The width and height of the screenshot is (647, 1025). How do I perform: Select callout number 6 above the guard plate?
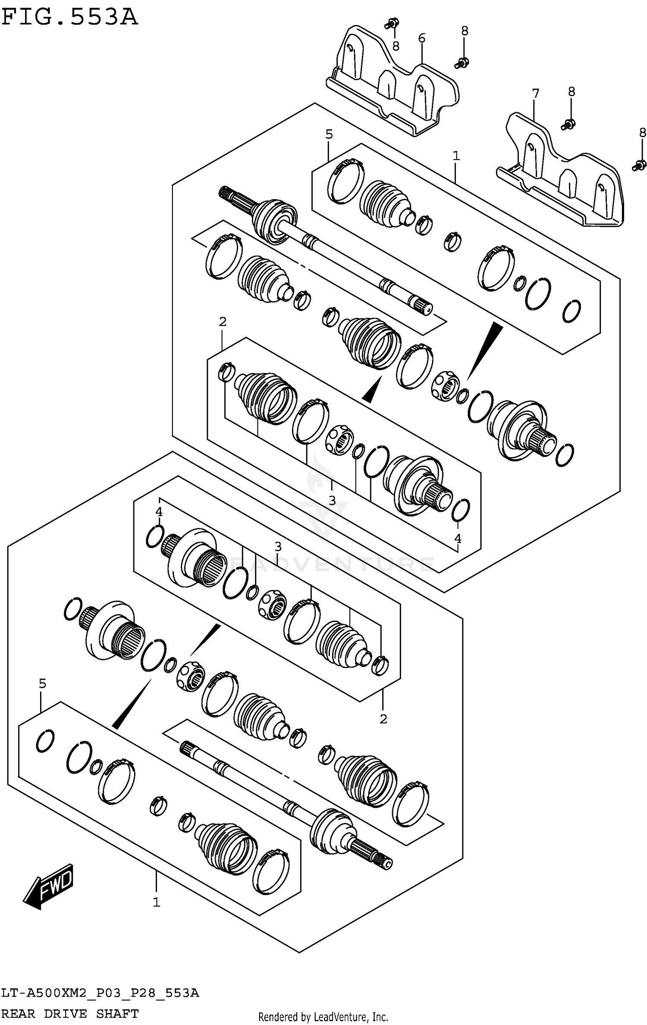tap(421, 38)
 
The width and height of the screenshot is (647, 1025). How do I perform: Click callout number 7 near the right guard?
tap(535, 93)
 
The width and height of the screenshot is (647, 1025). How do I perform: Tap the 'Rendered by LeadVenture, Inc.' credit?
tap(323, 1013)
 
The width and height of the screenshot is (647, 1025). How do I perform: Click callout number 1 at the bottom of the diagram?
tap(156, 902)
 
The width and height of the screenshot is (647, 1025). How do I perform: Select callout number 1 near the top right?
tap(456, 156)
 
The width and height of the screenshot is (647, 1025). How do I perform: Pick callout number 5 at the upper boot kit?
tap(329, 135)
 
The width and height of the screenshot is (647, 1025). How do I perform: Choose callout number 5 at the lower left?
tap(42, 683)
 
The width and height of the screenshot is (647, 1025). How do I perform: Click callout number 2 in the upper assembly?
tap(223, 321)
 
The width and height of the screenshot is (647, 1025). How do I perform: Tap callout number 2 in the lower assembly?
tap(383, 718)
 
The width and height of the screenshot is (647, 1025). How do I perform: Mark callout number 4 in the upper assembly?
tap(458, 538)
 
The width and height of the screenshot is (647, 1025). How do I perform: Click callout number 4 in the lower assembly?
tap(159, 512)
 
